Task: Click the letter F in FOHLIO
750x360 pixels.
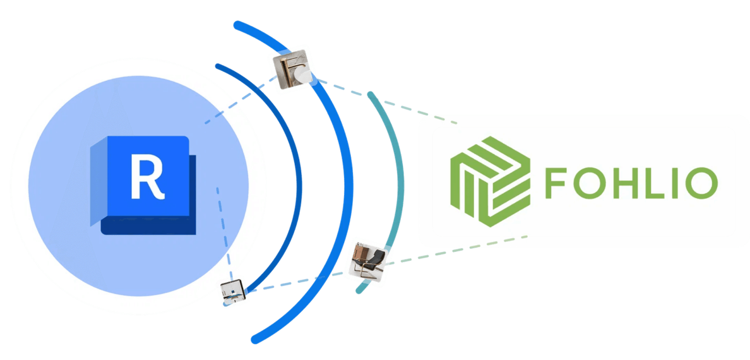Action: click(x=557, y=182)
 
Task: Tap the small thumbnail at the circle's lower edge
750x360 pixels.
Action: click(x=232, y=291)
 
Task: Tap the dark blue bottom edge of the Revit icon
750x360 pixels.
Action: click(x=148, y=226)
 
